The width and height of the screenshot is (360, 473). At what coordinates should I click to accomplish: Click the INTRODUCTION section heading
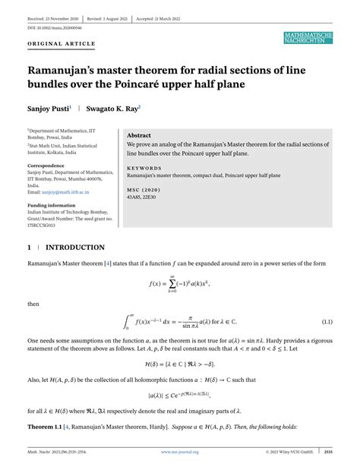75,248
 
